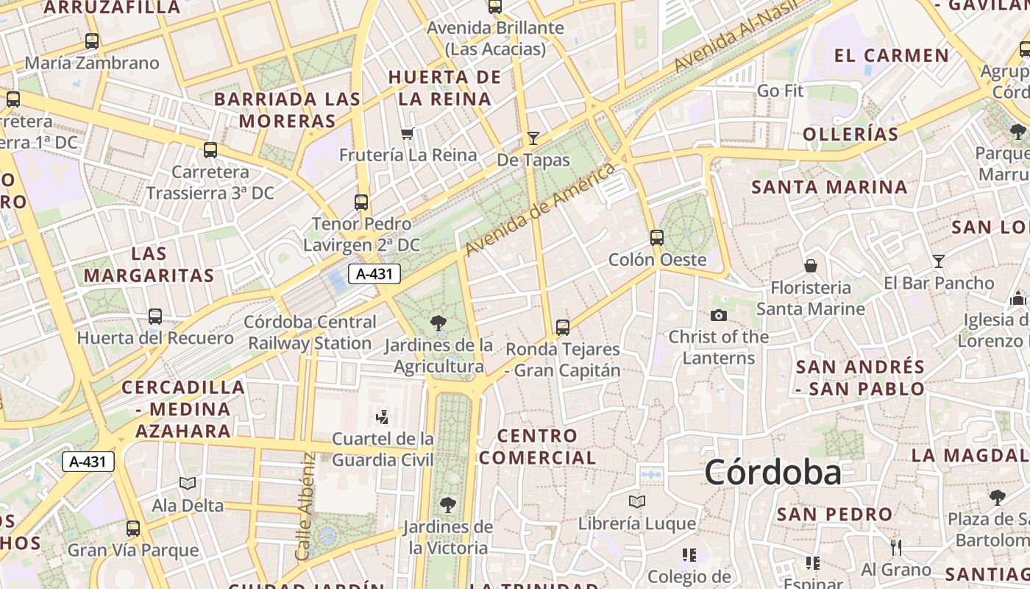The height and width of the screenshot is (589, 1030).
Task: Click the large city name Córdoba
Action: pyautogui.click(x=772, y=472)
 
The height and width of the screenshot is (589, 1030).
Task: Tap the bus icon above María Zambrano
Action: pyautogui.click(x=92, y=41)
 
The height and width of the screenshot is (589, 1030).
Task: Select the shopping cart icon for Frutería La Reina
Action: pyautogui.click(x=408, y=134)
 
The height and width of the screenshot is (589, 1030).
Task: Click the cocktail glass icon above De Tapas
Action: pyautogui.click(x=533, y=138)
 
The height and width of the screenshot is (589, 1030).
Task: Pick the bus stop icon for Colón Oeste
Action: pyautogui.click(x=657, y=238)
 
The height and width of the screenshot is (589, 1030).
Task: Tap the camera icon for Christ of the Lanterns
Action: pyautogui.click(x=719, y=315)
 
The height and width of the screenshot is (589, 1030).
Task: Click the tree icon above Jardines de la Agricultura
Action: pyautogui.click(x=438, y=322)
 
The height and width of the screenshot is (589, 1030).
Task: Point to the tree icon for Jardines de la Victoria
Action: pyautogui.click(x=447, y=505)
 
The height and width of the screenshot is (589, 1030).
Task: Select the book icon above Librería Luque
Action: pyautogui.click(x=637, y=501)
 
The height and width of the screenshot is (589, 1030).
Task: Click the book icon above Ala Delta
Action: pyautogui.click(x=188, y=484)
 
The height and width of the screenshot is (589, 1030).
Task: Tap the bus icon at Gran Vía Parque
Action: pyautogui.click(x=133, y=529)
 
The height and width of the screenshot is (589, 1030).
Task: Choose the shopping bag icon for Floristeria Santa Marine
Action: pyautogui.click(x=811, y=266)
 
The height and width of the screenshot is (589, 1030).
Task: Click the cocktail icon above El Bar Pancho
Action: pyautogui.click(x=938, y=261)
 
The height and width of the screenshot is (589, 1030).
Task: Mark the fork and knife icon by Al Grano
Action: pyautogui.click(x=896, y=548)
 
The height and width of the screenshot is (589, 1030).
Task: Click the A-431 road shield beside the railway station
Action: pyautogui.click(x=374, y=275)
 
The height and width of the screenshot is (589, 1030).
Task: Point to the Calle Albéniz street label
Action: pyautogui.click(x=306, y=506)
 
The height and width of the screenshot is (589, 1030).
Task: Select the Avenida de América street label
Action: pyautogui.click(x=540, y=209)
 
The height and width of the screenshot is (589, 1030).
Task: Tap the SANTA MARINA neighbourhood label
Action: pyautogui.click(x=829, y=187)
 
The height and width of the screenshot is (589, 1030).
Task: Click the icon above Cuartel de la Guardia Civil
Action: pyautogui.click(x=382, y=417)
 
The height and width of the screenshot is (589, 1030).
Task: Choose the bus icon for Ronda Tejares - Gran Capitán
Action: pyautogui.click(x=563, y=327)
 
